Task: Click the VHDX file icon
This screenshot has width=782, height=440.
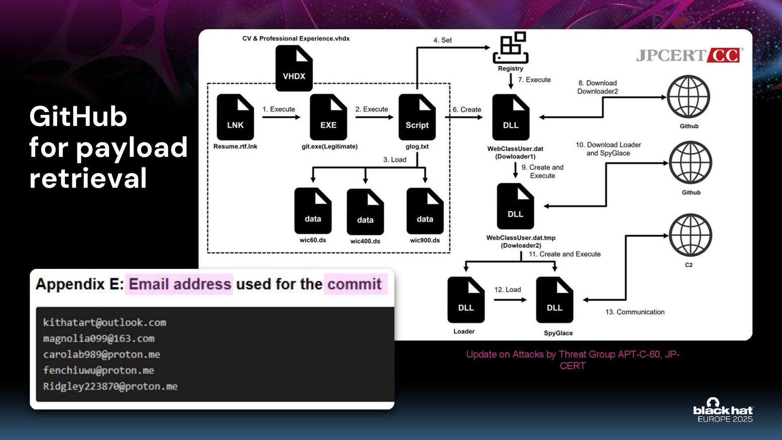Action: (x=294, y=68)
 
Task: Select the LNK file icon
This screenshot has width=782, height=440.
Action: (x=235, y=117)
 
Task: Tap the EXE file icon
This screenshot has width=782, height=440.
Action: (x=328, y=117)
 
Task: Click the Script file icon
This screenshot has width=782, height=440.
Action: (x=417, y=117)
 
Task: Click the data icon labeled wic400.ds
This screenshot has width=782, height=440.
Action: (x=365, y=211)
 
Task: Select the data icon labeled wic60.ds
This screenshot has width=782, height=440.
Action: (x=313, y=211)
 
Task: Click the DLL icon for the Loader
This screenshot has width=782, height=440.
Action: (x=466, y=300)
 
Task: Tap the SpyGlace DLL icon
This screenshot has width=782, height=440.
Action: (x=554, y=300)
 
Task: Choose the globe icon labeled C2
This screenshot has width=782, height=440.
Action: (x=690, y=235)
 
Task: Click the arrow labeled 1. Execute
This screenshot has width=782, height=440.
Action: (x=281, y=117)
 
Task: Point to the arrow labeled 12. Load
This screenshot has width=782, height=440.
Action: (x=510, y=300)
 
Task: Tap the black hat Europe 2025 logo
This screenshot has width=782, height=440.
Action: (x=723, y=411)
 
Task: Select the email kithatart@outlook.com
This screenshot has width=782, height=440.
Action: (x=105, y=323)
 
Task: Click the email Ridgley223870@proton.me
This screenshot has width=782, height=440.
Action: (x=110, y=386)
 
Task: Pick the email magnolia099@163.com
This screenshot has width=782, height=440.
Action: (x=99, y=339)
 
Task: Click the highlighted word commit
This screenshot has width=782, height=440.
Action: (x=354, y=284)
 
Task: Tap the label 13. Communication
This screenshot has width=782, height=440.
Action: (x=635, y=312)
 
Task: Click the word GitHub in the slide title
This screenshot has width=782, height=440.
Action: (x=78, y=117)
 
